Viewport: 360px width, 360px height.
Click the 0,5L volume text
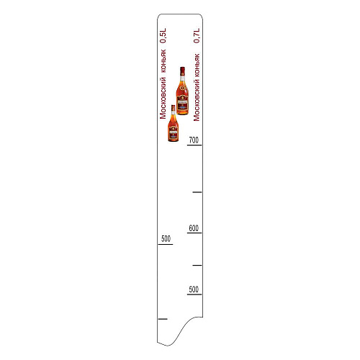click(x=163, y=36)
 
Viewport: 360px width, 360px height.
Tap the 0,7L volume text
click(x=197, y=36)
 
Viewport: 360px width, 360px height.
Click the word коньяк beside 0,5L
click(x=163, y=61)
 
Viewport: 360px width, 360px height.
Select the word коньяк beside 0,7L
click(x=197, y=66)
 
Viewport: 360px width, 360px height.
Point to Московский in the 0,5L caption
click(x=163, y=98)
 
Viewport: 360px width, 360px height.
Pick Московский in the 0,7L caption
click(x=197, y=102)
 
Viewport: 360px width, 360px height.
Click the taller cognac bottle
click(x=182, y=91)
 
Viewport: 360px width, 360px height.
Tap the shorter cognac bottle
click(x=173, y=123)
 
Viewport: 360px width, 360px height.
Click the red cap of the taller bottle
click(x=182, y=71)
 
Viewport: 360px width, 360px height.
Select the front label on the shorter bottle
click(x=173, y=134)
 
